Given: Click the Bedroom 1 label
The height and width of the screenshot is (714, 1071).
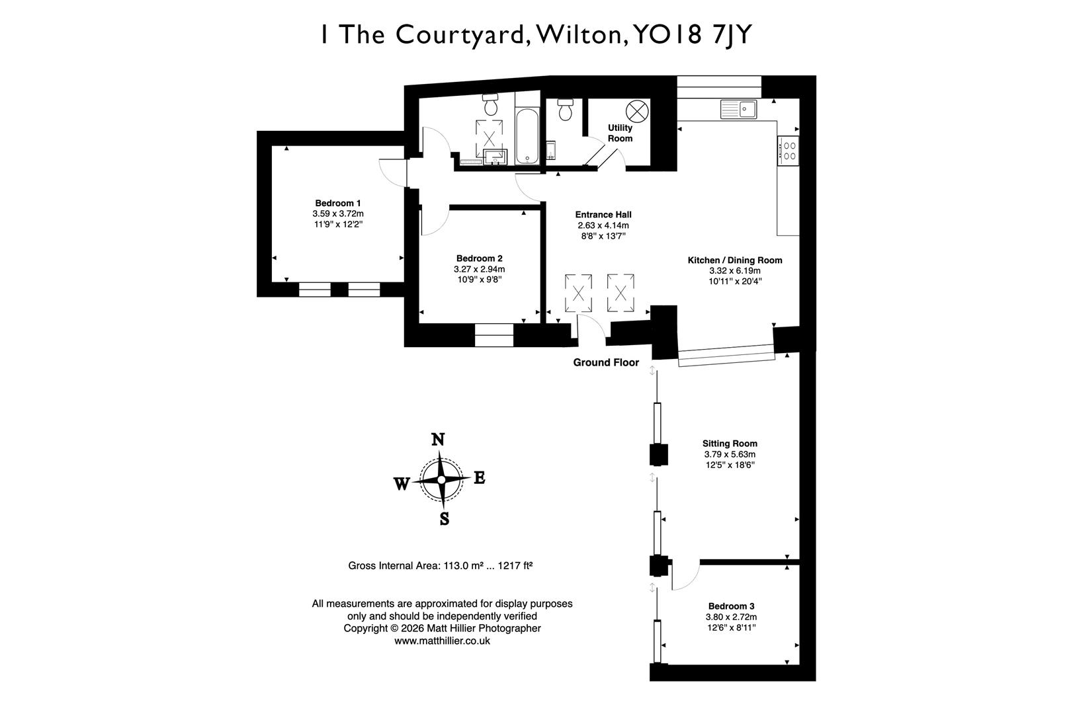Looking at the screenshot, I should (x=337, y=203).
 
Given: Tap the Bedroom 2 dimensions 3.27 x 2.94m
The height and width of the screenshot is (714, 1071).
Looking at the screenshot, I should (x=479, y=269).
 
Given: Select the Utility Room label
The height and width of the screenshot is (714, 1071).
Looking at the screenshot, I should (x=620, y=133).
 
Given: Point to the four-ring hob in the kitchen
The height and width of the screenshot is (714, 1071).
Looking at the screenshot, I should (x=789, y=151).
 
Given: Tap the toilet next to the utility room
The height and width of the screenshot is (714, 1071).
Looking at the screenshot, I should (x=565, y=110).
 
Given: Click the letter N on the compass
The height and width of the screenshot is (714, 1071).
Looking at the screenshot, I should (x=437, y=440).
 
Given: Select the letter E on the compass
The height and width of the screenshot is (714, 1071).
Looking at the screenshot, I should (x=480, y=478).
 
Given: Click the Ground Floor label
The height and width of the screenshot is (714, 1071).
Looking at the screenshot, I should (x=606, y=362).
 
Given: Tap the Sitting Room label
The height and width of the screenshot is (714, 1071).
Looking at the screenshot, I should (x=730, y=444).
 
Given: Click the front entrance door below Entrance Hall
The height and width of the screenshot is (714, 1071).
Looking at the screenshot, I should (x=591, y=329).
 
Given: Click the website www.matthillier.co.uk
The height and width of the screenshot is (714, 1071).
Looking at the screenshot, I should (x=442, y=641).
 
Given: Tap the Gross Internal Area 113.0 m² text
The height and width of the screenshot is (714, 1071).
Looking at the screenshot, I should (x=441, y=566).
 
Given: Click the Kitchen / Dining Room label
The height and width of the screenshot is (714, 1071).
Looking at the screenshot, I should (x=734, y=260).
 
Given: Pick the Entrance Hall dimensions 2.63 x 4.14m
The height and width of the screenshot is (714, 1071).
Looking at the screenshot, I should (x=603, y=225).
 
